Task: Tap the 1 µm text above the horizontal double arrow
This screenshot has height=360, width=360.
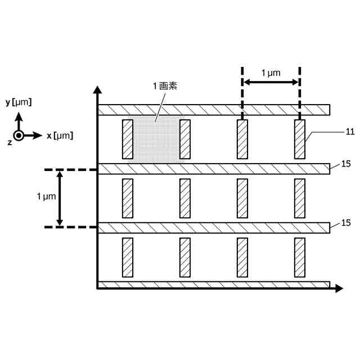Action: click(271, 73)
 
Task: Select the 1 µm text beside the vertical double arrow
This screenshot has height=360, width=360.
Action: click(46, 196)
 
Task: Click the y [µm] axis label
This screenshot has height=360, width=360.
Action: click(18, 102)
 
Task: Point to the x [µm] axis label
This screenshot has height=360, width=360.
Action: click(60, 136)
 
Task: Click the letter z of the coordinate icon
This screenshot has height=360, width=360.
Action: click(10, 142)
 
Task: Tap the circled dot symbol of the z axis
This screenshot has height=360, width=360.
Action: click(19, 136)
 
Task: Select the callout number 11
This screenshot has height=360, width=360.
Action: click(350, 132)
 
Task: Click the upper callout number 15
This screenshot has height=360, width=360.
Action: click(346, 164)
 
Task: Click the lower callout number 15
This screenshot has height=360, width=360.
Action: click(346, 223)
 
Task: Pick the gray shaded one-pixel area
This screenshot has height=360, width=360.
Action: click(156, 140)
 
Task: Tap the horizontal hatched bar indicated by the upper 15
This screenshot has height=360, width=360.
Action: click(214, 169)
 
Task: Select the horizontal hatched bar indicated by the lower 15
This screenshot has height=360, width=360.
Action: click(214, 228)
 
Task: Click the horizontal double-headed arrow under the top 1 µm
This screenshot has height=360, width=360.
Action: click(271, 83)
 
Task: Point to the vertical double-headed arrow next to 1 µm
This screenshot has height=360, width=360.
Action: click(60, 198)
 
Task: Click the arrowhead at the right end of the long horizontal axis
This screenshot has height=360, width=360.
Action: click(339, 289)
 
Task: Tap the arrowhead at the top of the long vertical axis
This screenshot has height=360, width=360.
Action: click(98, 90)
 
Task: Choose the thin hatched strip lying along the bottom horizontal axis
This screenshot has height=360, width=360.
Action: click(214, 285)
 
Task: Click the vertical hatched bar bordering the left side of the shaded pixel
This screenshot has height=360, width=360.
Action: click(128, 139)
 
